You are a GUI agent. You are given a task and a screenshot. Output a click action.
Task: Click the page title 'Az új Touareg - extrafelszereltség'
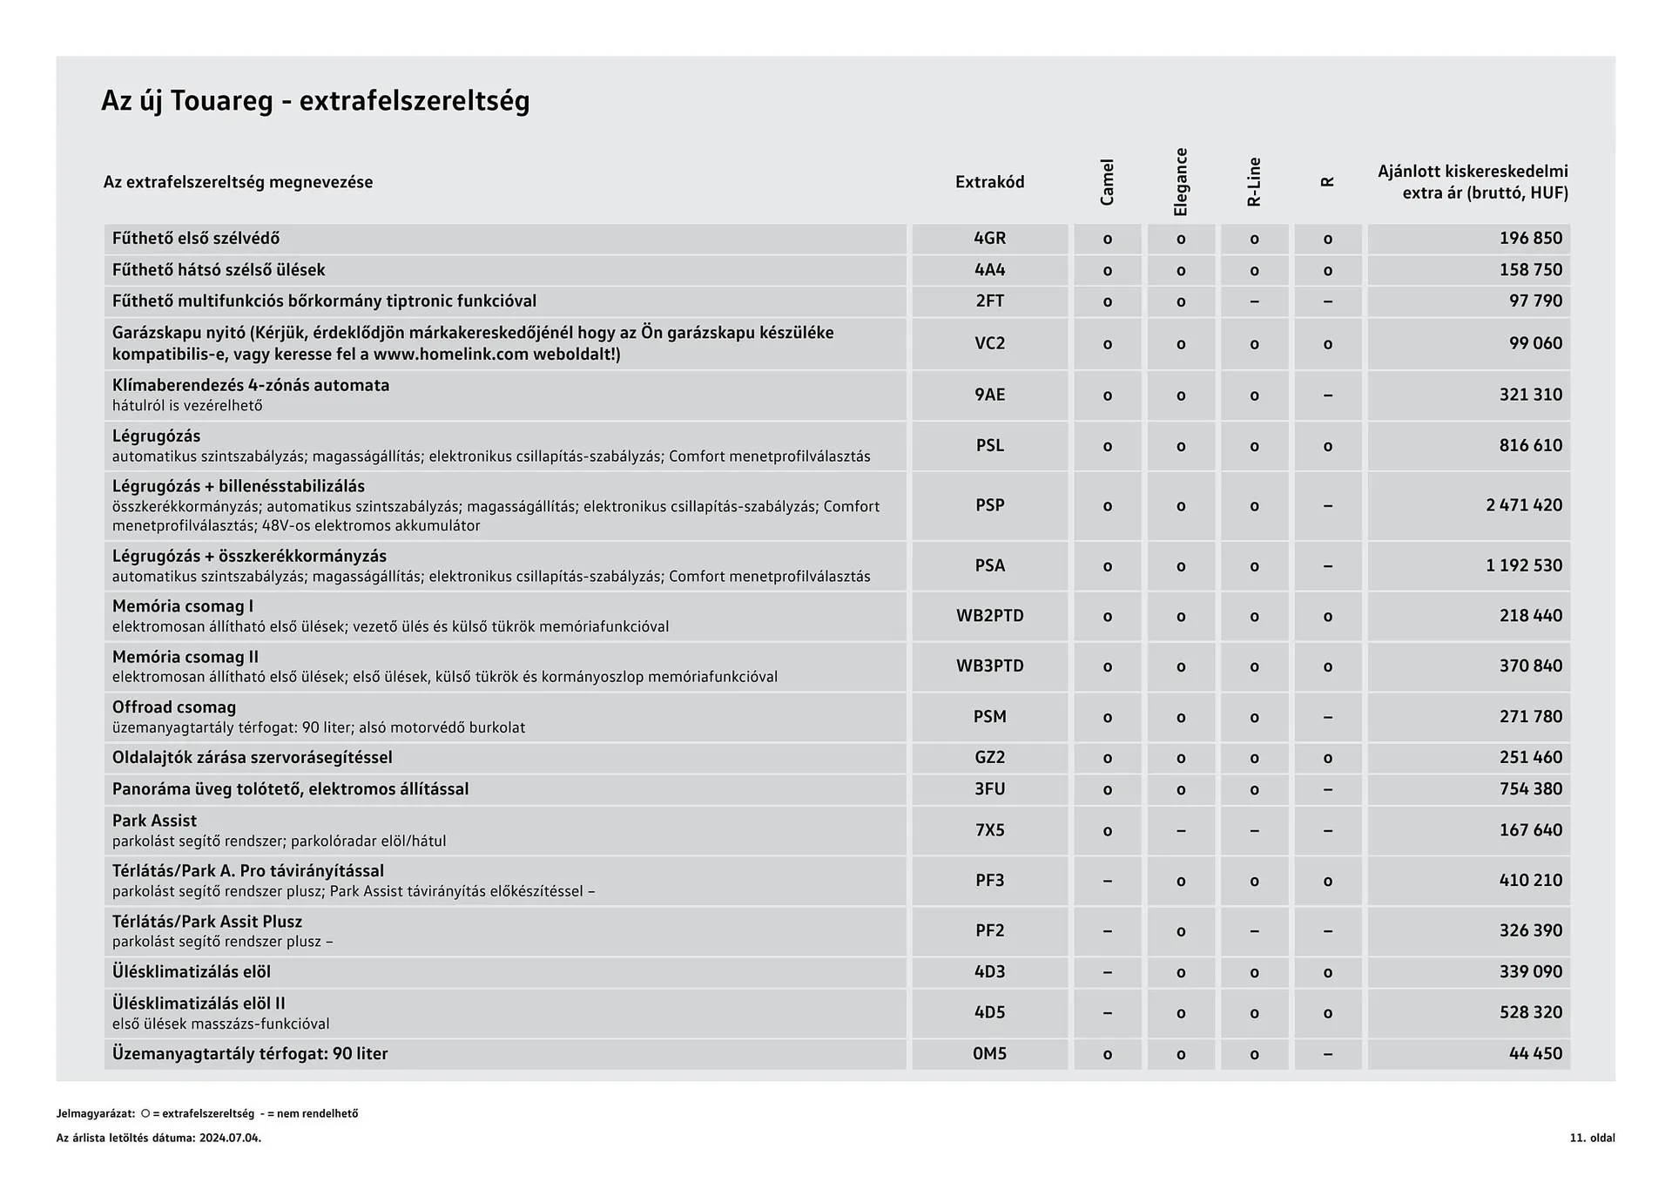coord(315,101)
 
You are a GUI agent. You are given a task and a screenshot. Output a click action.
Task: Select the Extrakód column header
coord(989,182)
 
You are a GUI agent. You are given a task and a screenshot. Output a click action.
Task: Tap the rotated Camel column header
coord(1107,182)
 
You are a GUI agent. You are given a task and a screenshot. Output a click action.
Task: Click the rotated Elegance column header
coord(1181,182)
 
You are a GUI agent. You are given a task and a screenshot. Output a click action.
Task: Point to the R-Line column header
coord(1254,182)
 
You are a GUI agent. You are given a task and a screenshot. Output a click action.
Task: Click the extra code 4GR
coord(989,239)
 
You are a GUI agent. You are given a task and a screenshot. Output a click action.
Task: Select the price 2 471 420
coord(1524,505)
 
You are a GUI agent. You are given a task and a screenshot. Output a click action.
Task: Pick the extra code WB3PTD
coord(989,666)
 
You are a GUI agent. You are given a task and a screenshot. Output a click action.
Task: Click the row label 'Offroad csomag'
coord(174,707)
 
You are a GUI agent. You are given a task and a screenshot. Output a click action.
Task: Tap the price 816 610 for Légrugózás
coord(1530,446)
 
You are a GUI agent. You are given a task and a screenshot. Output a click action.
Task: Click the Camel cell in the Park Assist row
coord(1107,831)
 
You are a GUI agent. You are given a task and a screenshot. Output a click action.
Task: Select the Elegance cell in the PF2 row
coord(1181,931)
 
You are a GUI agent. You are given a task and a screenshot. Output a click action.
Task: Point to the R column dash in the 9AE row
coord(1327,395)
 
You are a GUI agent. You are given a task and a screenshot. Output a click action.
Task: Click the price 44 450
coord(1535,1054)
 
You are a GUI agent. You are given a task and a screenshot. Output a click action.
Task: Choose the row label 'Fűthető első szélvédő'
coord(196,239)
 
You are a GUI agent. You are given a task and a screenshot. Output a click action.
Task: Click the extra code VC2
coord(989,343)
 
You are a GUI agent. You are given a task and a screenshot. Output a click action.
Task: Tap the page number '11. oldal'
coord(1592,1138)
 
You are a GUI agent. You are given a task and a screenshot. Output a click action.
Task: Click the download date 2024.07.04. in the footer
coord(230,1138)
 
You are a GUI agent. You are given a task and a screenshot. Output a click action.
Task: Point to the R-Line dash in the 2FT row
coord(1254,301)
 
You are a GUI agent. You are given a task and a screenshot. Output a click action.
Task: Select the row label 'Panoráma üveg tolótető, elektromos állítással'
coord(290,789)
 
